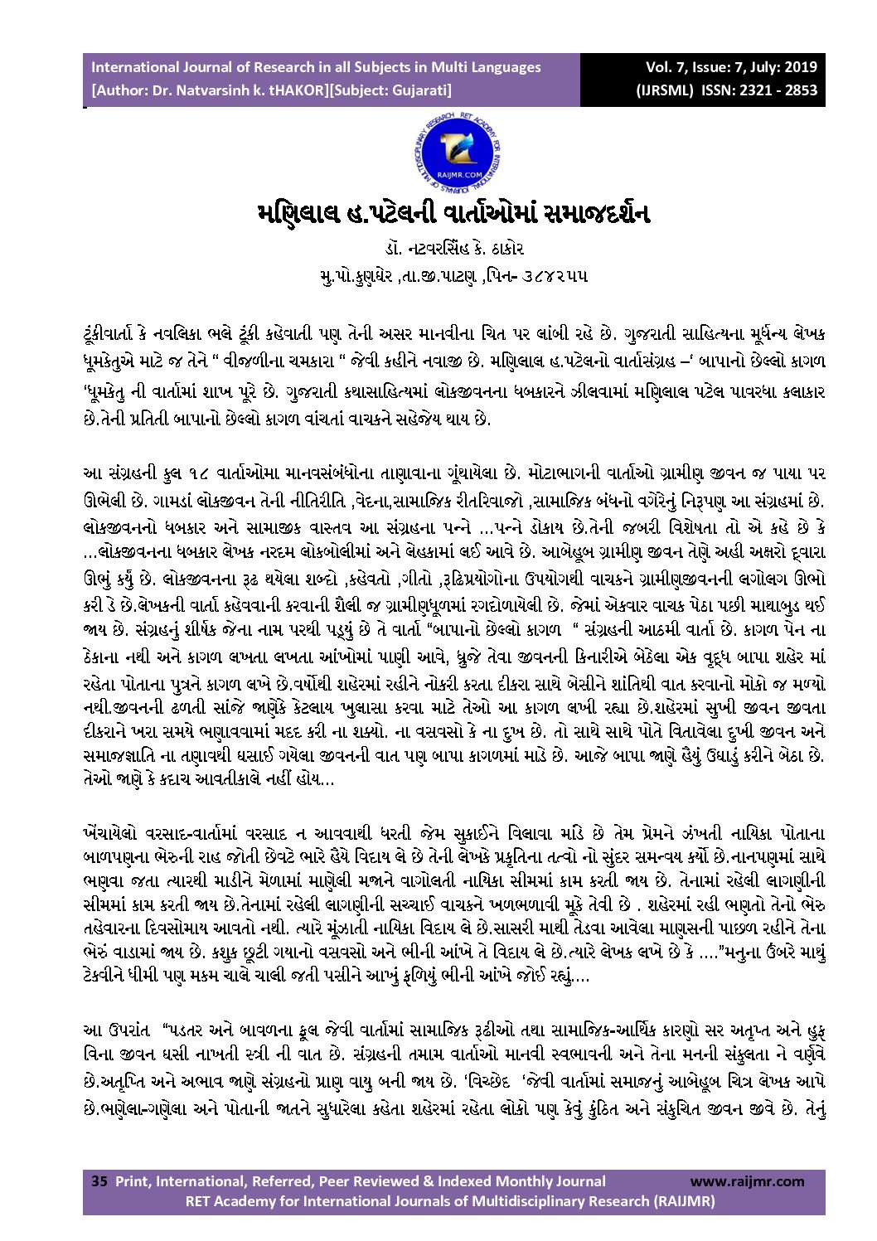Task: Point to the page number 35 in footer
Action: (99, 1181)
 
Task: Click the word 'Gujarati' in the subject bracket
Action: (418, 90)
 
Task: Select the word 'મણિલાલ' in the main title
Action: (298, 213)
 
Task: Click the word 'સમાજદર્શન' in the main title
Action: (594, 213)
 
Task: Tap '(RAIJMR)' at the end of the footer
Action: (685, 1200)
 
